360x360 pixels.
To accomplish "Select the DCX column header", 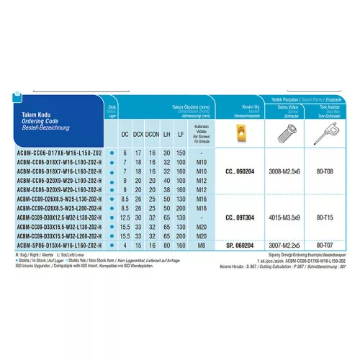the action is click(x=140, y=135).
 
